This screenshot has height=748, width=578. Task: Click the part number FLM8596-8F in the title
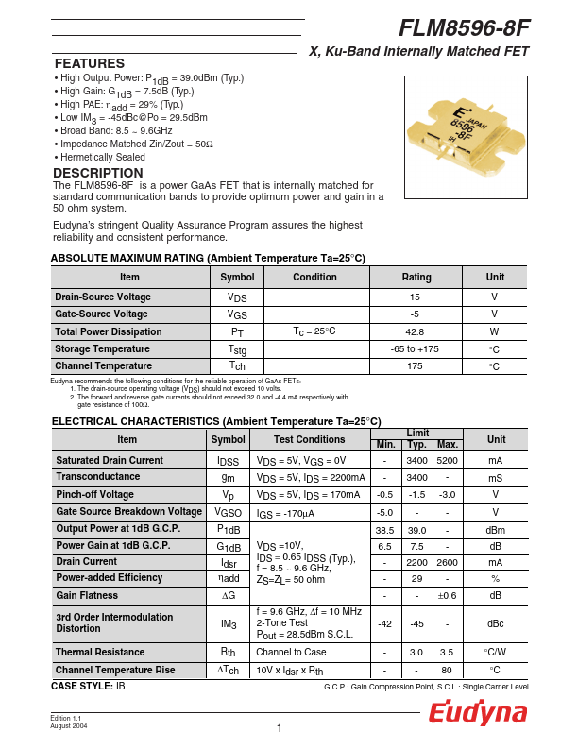[465, 27]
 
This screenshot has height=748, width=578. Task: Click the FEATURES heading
[90, 63]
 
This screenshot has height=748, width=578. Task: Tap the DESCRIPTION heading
[98, 173]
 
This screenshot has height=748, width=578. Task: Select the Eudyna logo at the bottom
[478, 713]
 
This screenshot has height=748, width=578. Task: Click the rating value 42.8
[415, 331]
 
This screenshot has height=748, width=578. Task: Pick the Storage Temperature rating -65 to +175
[415, 348]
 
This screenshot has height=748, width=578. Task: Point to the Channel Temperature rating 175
[415, 365]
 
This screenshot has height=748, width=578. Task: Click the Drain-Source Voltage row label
[103, 297]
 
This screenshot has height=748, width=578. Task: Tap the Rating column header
[416, 277]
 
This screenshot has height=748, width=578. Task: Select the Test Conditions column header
[310, 439]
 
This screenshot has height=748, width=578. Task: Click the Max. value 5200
[448, 460]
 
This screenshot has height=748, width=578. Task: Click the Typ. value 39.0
[416, 529]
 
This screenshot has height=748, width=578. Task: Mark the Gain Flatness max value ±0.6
[448, 596]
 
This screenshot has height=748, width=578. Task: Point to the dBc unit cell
[495, 623]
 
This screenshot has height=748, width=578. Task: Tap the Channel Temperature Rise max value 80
[448, 669]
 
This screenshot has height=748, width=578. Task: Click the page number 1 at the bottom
[280, 727]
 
